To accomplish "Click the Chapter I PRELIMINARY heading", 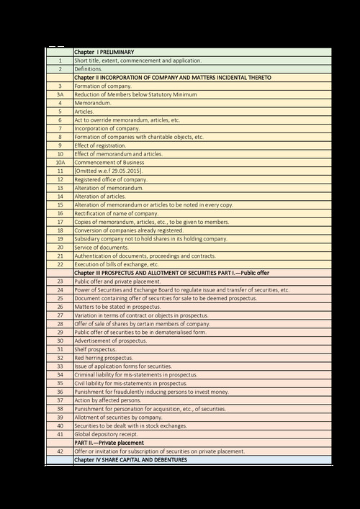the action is [x=104, y=53].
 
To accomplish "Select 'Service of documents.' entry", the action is [x=100, y=247].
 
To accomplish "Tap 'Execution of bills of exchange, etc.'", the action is [x=117, y=264].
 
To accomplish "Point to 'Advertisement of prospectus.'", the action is [x=111, y=341].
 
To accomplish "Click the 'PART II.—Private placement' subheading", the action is [x=109, y=443].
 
